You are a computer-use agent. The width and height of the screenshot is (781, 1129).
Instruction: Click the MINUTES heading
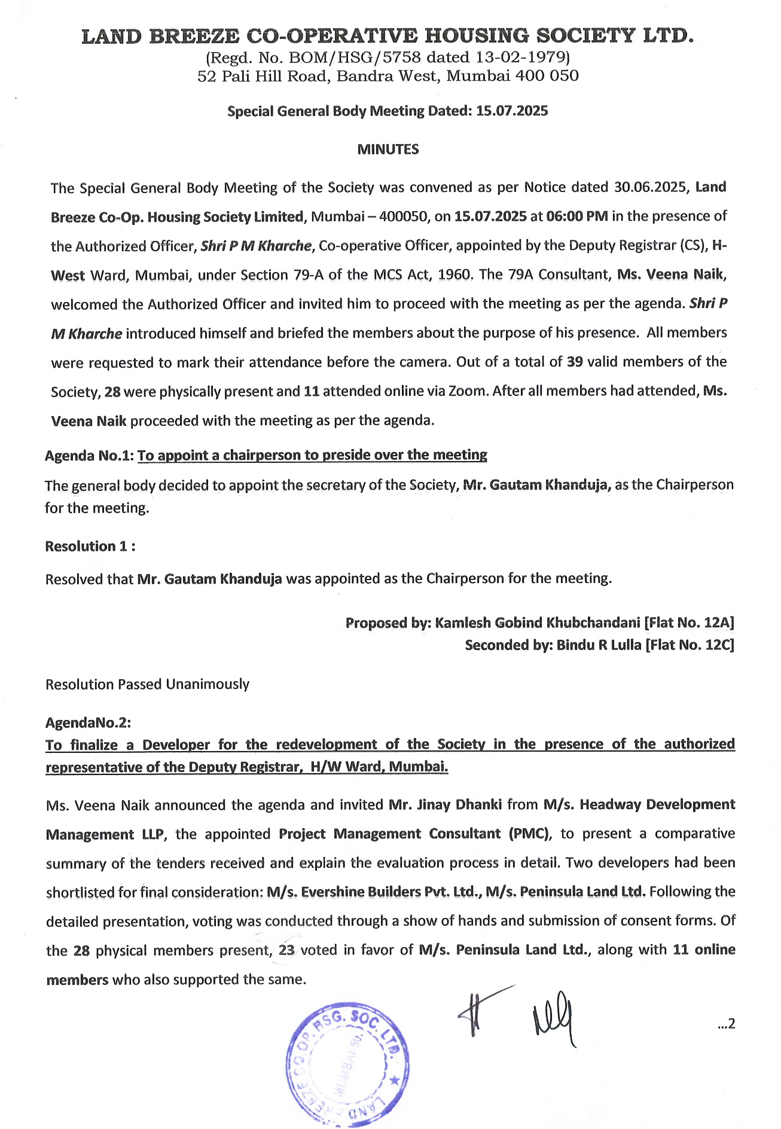tap(388, 149)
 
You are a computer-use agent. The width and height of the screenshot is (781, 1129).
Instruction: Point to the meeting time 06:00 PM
tap(576, 216)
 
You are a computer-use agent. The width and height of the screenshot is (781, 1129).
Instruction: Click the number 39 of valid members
tap(574, 362)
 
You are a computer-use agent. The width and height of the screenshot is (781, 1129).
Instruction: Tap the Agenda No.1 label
tap(89, 456)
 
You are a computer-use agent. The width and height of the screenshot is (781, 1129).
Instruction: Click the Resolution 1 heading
tap(90, 546)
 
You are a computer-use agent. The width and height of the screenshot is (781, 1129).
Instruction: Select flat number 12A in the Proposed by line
tap(717, 623)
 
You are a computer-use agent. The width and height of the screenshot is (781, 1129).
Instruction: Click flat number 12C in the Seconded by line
tap(717, 645)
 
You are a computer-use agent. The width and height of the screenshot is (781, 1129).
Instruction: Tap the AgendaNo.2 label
tap(88, 722)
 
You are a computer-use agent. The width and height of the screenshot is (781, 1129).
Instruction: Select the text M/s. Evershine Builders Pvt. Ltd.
tap(374, 892)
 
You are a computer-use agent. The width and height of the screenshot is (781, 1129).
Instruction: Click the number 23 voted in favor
tap(287, 950)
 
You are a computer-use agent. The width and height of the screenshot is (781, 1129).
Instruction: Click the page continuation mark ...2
tap(725, 1024)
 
